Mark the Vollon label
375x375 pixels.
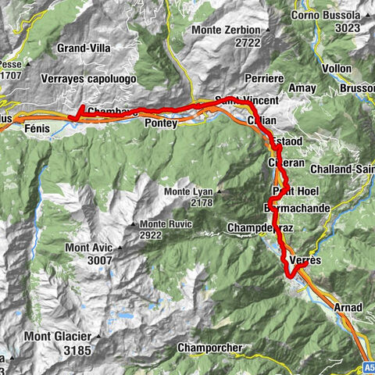click(337, 69)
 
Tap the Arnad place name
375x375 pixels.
click(347, 307)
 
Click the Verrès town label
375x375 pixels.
click(305, 259)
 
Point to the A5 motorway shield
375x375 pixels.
click(368, 366)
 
